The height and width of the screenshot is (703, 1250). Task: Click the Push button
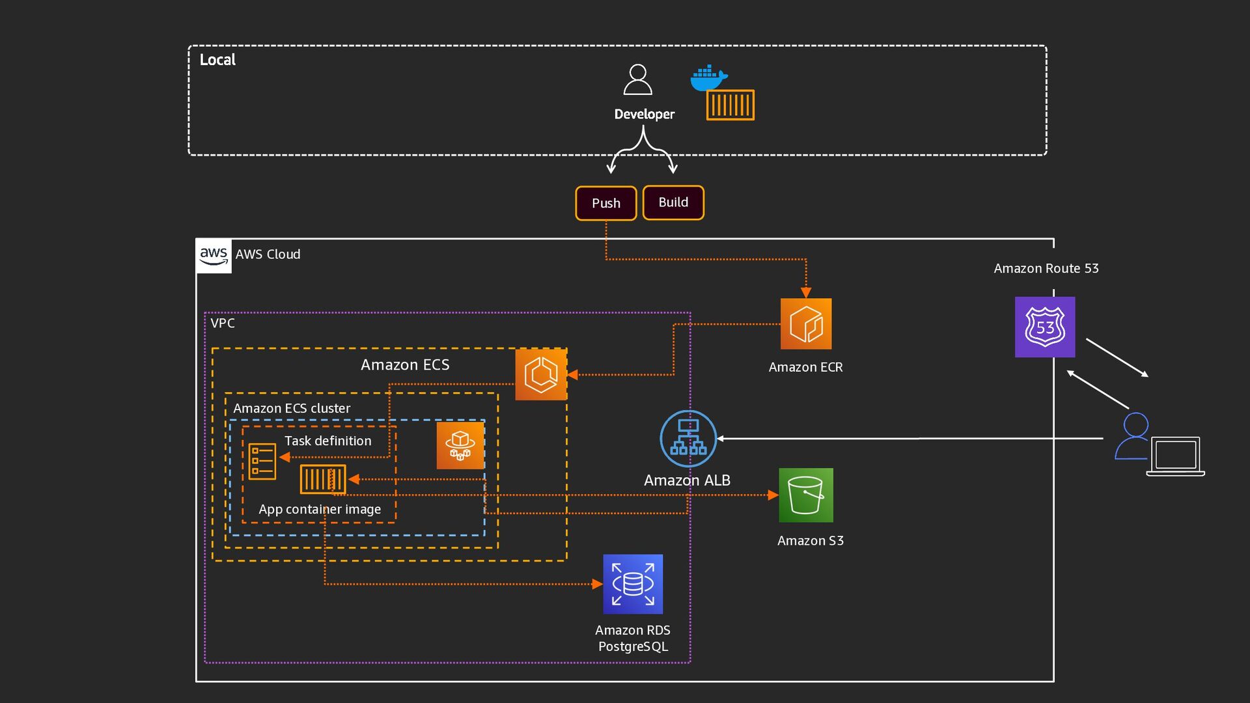(x=605, y=203)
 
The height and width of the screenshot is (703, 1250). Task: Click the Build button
(x=673, y=202)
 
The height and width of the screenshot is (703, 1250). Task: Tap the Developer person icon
(x=637, y=80)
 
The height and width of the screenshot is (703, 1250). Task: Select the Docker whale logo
(x=708, y=78)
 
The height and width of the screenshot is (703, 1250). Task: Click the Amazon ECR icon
(x=806, y=324)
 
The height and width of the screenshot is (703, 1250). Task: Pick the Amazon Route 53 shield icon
(x=1045, y=327)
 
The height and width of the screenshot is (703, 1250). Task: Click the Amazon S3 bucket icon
(x=806, y=495)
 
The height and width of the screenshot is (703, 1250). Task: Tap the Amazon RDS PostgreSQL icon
(x=633, y=584)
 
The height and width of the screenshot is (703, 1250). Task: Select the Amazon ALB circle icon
(x=688, y=439)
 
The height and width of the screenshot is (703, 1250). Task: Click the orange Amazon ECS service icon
(x=541, y=374)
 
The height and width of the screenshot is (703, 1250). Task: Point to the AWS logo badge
(x=214, y=255)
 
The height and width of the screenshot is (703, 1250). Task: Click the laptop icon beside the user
(x=1176, y=456)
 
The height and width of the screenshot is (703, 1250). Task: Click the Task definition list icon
(x=262, y=462)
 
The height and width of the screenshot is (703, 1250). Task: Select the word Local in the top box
(x=217, y=60)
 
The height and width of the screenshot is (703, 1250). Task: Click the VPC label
(x=223, y=324)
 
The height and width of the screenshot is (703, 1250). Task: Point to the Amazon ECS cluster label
(x=292, y=408)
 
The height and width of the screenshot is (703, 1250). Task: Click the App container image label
(x=320, y=509)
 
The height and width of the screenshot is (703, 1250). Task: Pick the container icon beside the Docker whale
(x=730, y=105)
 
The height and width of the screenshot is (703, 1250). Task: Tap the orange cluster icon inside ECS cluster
(x=460, y=445)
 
